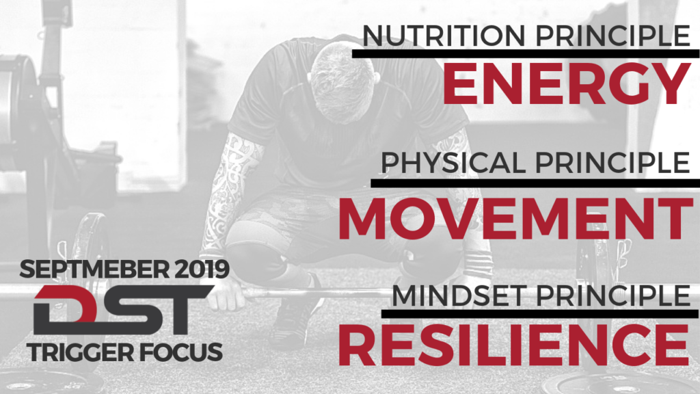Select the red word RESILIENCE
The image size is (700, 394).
click(514, 345)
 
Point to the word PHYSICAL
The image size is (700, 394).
click(453, 163)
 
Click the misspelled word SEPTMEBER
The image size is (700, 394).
click(94, 269)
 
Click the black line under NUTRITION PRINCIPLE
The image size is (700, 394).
click(526, 53)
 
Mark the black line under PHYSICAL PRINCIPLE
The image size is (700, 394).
click(535, 183)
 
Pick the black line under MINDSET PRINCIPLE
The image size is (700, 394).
click(540, 313)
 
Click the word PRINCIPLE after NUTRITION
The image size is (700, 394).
click(612, 36)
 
